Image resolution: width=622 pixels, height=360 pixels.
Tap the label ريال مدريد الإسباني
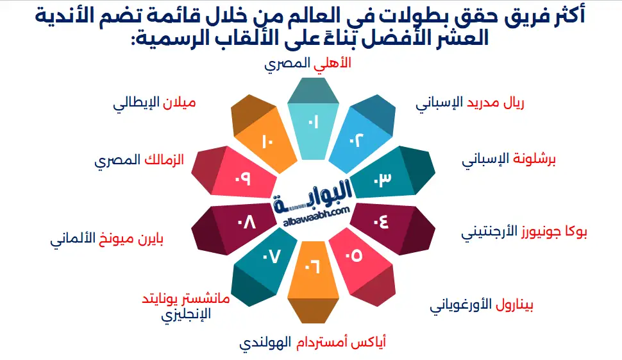coord(469,103)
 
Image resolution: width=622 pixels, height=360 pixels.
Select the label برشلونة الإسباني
coord(509,158)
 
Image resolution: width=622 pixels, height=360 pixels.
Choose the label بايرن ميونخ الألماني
coord(106,241)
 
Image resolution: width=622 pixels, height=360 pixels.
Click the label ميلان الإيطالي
coord(154,103)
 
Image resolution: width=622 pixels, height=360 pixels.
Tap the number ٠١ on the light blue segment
coord(313,123)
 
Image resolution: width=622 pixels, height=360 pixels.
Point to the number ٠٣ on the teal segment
coord(382,180)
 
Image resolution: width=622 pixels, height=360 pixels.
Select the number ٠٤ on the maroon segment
coord(380,222)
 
